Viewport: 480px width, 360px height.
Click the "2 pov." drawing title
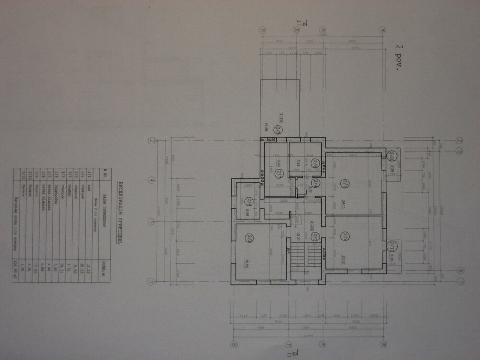point(398,57)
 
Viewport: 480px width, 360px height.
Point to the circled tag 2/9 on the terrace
point(278,129)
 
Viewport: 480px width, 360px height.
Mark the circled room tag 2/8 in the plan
point(249,201)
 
